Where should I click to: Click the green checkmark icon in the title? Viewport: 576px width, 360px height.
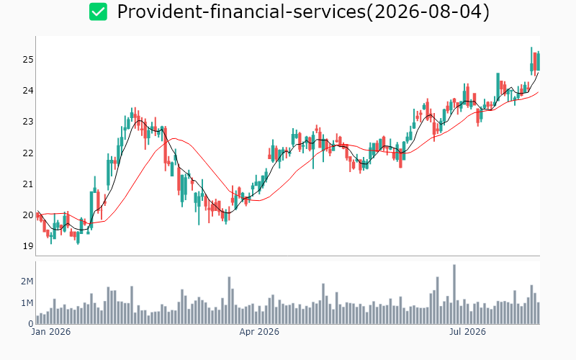(98, 12)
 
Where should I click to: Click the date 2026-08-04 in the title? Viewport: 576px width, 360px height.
(428, 12)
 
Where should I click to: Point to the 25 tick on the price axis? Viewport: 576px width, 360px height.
(28, 60)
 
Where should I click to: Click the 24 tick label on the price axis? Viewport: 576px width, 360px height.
(28, 91)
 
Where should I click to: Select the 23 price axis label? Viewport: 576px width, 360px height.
(28, 122)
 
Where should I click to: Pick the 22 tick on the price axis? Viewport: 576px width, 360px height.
(28, 153)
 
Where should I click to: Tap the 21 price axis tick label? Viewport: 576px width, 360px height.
(28, 184)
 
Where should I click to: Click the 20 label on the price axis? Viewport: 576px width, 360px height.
(28, 215)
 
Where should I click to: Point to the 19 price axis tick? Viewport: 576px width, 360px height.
(28, 246)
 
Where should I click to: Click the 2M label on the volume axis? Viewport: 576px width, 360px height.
(27, 282)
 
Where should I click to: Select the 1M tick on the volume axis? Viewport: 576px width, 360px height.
(27, 303)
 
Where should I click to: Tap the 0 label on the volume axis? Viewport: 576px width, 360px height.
(31, 324)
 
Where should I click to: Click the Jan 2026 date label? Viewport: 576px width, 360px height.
(50, 332)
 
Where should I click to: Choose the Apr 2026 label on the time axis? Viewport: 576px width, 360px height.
(259, 332)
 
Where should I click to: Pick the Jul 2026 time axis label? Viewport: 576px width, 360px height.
(467, 332)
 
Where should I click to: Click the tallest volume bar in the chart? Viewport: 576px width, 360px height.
(454, 294)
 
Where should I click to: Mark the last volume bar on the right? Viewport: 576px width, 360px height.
(539, 313)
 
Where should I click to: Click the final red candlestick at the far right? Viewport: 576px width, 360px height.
(535, 61)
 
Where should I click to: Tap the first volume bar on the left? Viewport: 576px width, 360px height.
(37, 320)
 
